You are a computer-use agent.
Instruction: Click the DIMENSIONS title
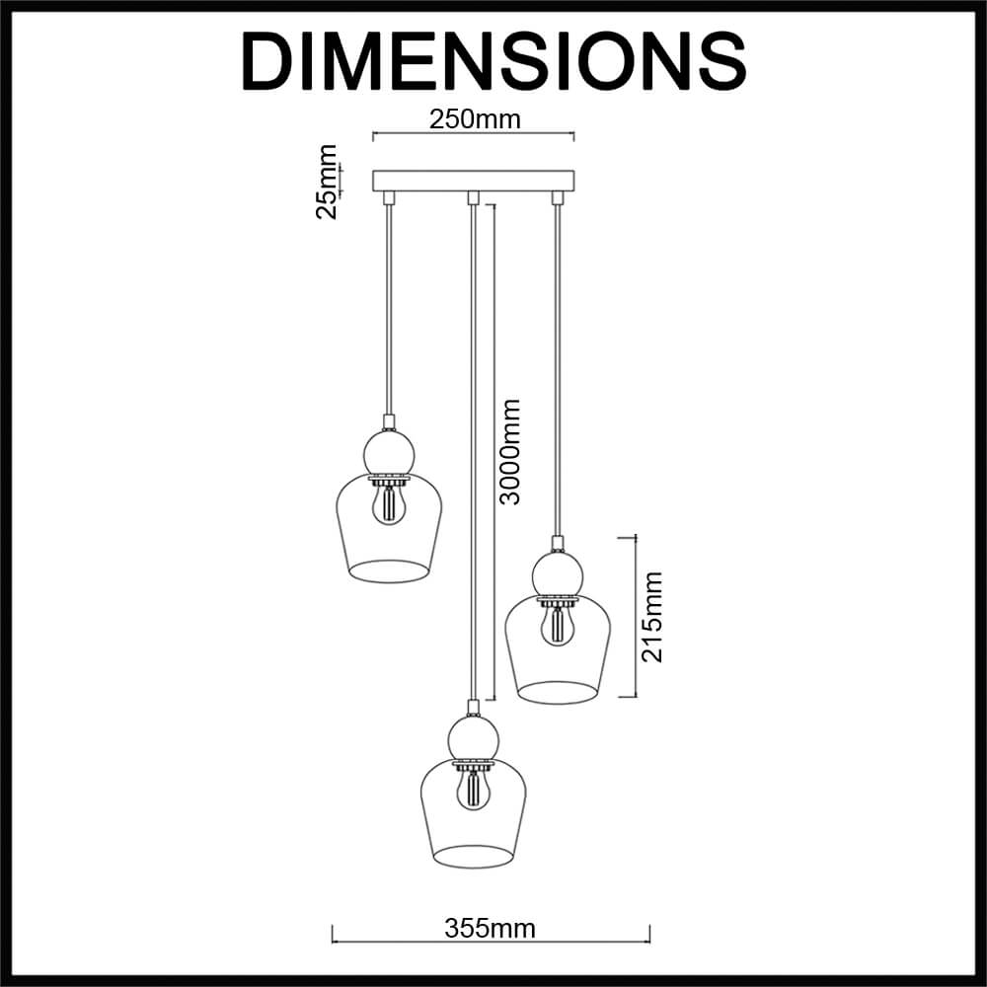[493, 62]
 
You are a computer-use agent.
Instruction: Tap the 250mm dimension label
[475, 119]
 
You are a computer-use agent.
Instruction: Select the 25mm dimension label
[326, 182]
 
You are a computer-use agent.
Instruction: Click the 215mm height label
[651, 617]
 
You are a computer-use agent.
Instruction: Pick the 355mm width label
[490, 928]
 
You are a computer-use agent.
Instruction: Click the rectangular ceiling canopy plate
[474, 180]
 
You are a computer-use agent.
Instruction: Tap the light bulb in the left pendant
[389, 505]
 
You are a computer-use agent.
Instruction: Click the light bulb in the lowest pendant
[473, 791]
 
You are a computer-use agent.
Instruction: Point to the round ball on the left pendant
[390, 453]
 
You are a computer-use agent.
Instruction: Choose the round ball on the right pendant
[558, 572]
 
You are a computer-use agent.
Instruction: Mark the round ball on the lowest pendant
[473, 738]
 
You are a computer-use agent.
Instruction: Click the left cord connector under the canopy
[388, 197]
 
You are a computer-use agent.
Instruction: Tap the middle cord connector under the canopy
[473, 197]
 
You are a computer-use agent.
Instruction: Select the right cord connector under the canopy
[557, 197]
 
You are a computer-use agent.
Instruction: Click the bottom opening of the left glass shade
[390, 571]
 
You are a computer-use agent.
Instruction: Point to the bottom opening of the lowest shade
[473, 857]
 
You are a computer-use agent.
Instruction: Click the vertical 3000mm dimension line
[494, 451]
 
